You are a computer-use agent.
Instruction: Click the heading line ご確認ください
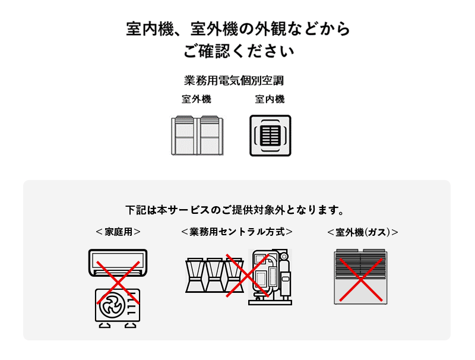point(239,51)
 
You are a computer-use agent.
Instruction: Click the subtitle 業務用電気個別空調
point(234,81)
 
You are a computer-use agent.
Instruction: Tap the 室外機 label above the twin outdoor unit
point(197,99)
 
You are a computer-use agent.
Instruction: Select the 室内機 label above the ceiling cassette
point(270,99)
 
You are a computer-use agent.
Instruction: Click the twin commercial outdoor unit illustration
point(197,135)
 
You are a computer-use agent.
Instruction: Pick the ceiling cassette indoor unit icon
point(270,135)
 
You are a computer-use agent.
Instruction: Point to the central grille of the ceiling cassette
point(270,135)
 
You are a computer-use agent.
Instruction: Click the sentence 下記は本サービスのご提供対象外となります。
point(235,210)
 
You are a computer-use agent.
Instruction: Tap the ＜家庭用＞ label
point(118,232)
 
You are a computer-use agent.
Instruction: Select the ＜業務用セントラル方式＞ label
point(237,232)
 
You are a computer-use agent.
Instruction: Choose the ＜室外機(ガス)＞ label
point(363,232)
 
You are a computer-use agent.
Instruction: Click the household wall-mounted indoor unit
point(118,263)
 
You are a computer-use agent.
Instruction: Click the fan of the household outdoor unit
point(112,305)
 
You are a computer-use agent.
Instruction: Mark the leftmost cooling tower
point(195,275)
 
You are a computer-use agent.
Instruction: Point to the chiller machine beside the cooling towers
point(270,277)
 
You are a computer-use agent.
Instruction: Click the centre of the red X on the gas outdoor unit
point(361,280)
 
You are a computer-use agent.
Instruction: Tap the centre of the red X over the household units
point(118,282)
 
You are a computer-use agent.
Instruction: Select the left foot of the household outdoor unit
point(105,325)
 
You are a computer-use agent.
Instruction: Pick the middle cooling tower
point(214,275)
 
